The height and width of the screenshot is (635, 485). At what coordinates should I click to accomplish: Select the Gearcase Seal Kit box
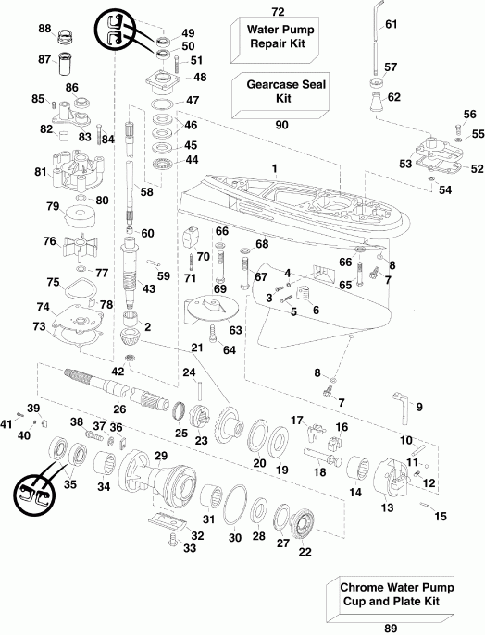pyautogui.click(x=276, y=91)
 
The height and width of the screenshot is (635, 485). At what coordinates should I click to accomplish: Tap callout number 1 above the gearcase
pyautogui.click(x=274, y=166)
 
